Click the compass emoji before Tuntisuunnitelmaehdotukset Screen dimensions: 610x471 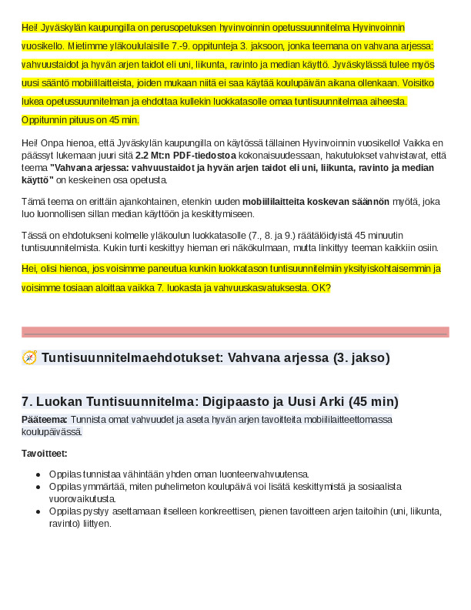[x=30, y=358]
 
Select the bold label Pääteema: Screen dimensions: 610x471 [x=44, y=420]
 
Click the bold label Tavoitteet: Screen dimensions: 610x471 [x=45, y=453]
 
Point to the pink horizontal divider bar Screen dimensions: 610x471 [x=235, y=333]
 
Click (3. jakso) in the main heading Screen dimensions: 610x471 [x=361, y=358]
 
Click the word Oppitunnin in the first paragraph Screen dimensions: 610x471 [x=47, y=120]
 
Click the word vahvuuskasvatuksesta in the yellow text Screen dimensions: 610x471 [x=262, y=288]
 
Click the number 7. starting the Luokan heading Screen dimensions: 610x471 [x=27, y=401]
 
